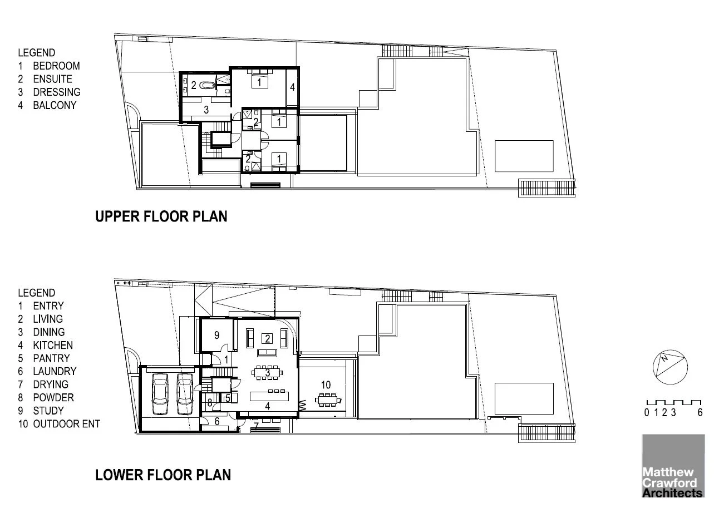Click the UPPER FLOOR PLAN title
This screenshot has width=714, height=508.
tap(161, 216)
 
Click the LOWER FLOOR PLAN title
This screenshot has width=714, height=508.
tap(163, 475)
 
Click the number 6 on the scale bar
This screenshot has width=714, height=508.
tap(700, 413)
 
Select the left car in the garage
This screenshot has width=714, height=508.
tap(160, 393)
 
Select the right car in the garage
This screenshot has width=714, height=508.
tap(185, 393)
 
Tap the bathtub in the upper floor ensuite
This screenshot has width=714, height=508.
tap(206, 86)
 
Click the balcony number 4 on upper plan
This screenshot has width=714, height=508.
tap(292, 87)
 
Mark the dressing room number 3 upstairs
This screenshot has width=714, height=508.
tap(206, 110)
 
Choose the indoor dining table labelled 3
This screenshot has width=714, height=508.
tap(268, 373)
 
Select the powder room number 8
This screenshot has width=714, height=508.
tap(210, 402)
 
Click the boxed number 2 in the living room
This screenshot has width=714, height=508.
tap(267, 338)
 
